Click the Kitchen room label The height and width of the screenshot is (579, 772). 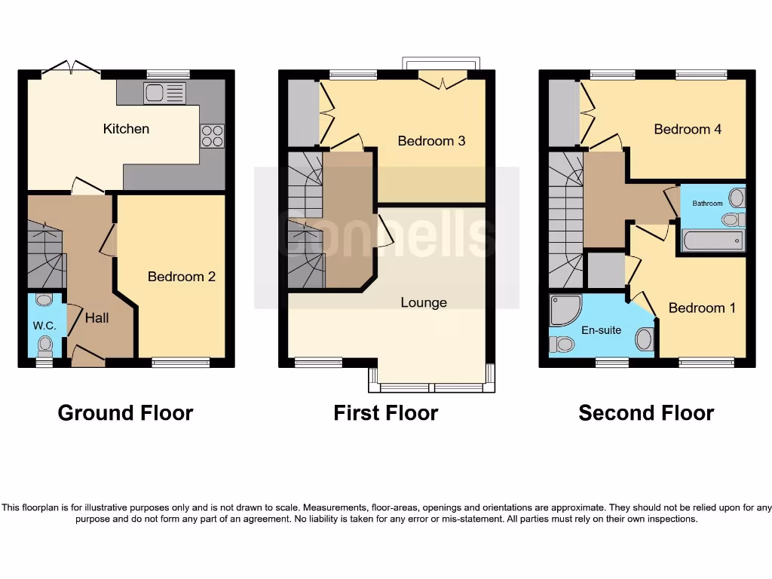[126, 129]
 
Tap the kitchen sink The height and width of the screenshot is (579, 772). [164, 93]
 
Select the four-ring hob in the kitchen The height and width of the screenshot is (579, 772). [212, 136]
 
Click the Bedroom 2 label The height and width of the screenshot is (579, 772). [181, 277]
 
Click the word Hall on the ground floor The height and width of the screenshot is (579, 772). [96, 318]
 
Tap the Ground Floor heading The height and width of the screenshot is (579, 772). [125, 413]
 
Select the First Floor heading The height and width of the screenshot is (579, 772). [385, 413]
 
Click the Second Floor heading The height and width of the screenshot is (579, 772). [646, 413]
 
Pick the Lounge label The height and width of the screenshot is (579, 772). [424, 302]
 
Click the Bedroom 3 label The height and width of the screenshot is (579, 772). [431, 141]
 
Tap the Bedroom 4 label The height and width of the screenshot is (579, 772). [688, 129]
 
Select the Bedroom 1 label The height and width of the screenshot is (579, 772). [697, 308]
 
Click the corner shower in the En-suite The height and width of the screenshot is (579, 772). [565, 310]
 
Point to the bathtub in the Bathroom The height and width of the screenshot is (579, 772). [712, 240]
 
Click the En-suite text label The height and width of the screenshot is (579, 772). [601, 330]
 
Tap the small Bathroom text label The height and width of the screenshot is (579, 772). [708, 204]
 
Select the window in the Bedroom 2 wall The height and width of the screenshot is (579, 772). [181, 363]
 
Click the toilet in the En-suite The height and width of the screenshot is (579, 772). [562, 345]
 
